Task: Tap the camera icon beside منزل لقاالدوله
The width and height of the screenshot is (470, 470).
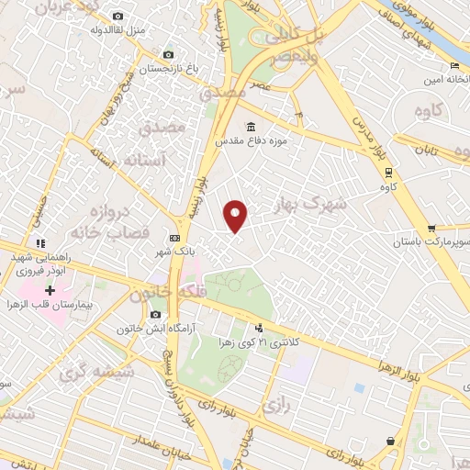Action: [x=117, y=17]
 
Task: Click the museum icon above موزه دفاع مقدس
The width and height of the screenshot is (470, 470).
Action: [x=251, y=128]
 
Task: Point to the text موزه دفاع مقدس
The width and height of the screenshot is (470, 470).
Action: [x=250, y=142]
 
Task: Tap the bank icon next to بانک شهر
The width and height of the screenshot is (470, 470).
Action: [x=175, y=239]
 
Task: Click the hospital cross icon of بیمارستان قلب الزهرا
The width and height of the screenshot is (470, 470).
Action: [x=50, y=290]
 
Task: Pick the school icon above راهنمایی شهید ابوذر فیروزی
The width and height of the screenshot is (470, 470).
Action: [x=40, y=242]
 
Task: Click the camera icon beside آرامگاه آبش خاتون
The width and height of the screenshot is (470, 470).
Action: [x=155, y=315]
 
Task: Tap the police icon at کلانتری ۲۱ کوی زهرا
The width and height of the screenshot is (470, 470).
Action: [x=260, y=327]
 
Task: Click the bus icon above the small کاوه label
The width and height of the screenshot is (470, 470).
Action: [x=389, y=172]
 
